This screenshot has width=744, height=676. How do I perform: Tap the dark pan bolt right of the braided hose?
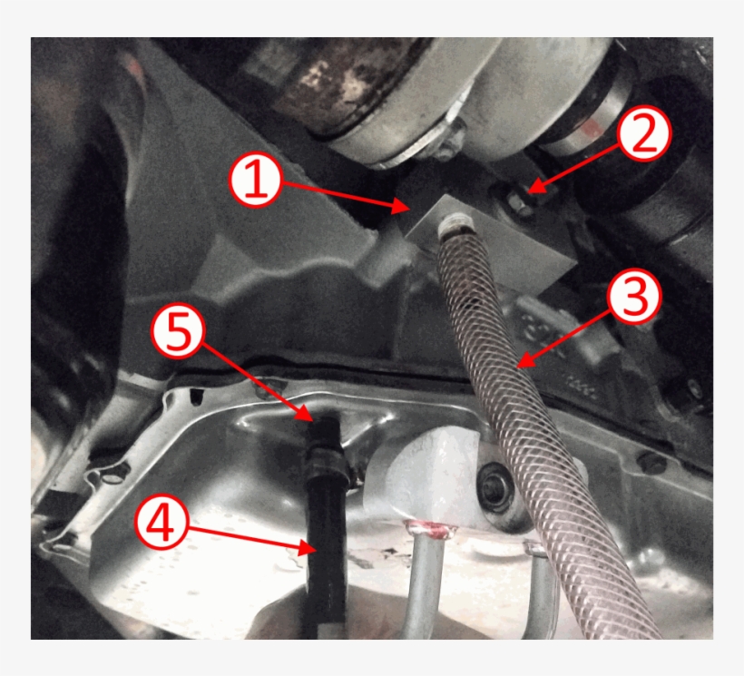[651, 462]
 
